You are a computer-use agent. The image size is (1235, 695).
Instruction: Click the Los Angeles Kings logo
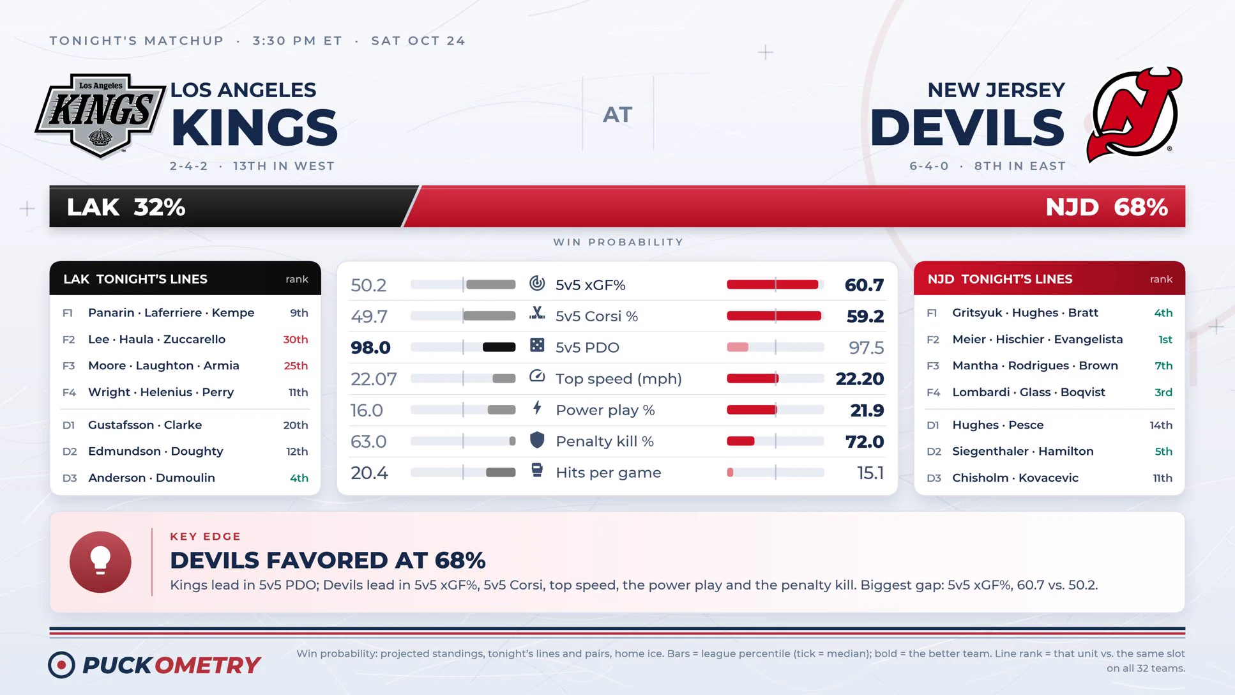100,115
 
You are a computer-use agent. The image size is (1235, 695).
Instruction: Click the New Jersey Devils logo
1134,114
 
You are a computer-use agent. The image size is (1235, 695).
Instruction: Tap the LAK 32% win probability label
126,207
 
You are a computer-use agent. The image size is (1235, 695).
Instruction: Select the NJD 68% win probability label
1107,207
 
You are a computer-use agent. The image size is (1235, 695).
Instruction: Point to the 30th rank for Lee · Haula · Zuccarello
295,339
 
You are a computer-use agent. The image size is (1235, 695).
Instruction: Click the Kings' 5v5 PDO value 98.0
370,347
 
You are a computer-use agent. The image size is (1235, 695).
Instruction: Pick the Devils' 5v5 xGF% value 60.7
864,285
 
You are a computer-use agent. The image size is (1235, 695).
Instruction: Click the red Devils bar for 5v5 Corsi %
774,316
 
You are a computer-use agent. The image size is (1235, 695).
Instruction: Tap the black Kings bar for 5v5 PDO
499,347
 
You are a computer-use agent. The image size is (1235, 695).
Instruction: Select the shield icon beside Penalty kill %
537,440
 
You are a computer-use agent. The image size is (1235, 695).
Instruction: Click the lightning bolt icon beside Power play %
537,408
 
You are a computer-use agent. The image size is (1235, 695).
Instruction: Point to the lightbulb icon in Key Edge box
100,562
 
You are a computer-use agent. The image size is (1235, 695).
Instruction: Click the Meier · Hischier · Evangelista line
1037,339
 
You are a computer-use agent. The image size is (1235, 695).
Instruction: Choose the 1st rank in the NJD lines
1165,339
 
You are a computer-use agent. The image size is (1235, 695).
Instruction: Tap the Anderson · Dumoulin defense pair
151,478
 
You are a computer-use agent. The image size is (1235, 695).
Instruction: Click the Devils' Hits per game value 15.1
870,473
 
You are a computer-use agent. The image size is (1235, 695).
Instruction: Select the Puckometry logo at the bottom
155,665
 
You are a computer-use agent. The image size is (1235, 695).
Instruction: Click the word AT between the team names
617,115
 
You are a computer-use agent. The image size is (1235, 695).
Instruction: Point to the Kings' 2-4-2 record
188,166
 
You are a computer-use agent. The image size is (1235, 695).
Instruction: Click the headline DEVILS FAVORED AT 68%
328,560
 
